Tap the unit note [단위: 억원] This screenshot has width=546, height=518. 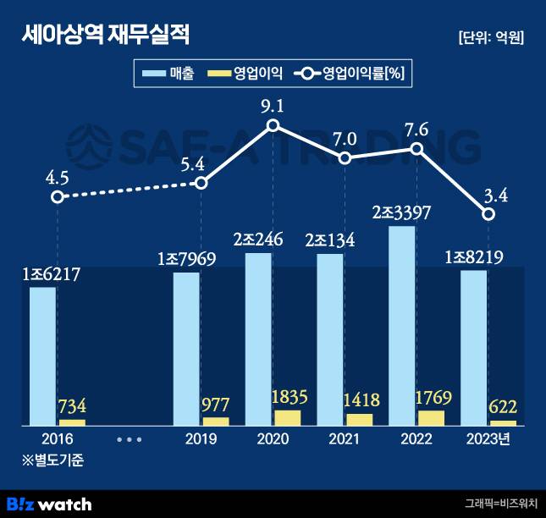[490, 37]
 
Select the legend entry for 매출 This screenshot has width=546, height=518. [169, 74]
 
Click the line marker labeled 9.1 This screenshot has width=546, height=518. [273, 126]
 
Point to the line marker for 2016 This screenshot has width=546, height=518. [57, 196]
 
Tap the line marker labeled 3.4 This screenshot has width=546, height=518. [488, 214]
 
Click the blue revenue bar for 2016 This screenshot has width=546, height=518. [42, 355]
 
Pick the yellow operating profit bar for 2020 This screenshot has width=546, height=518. [288, 416]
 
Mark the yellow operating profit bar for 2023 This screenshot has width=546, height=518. [503, 422]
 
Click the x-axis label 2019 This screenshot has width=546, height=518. [201, 440]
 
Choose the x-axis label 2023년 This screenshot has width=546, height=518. [489, 440]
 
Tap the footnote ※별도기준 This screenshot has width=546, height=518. [53, 460]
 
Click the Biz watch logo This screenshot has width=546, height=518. [48, 504]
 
